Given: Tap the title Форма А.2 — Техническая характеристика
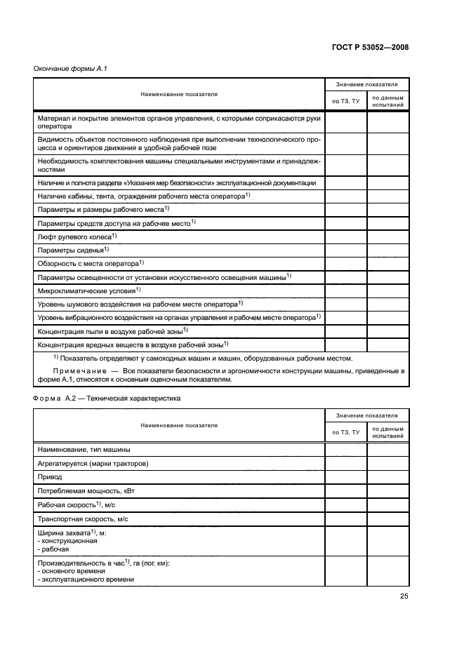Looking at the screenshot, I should [107, 399].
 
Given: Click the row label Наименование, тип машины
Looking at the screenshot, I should [83, 449].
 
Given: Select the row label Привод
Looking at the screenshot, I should [48, 476].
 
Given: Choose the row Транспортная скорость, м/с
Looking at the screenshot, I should [82, 519].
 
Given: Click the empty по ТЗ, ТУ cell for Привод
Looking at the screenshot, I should [345, 476].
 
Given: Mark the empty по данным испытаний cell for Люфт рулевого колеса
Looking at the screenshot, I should [387, 237].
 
